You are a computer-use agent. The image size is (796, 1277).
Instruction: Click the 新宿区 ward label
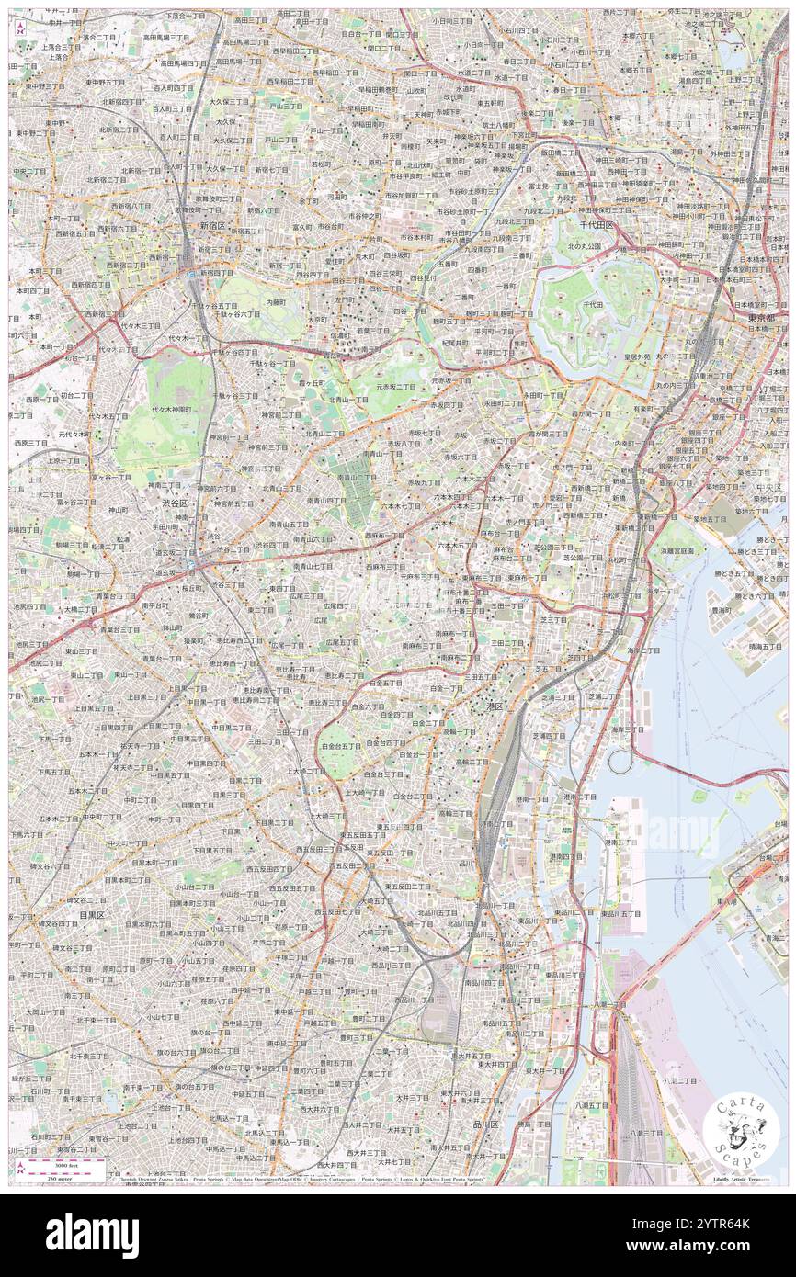click(x=214, y=226)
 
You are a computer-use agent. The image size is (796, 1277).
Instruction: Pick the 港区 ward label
click(x=488, y=705)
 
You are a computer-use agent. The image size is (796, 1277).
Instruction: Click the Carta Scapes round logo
click(x=741, y=1127)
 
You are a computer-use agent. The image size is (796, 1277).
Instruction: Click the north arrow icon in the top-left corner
click(x=20, y=28)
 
